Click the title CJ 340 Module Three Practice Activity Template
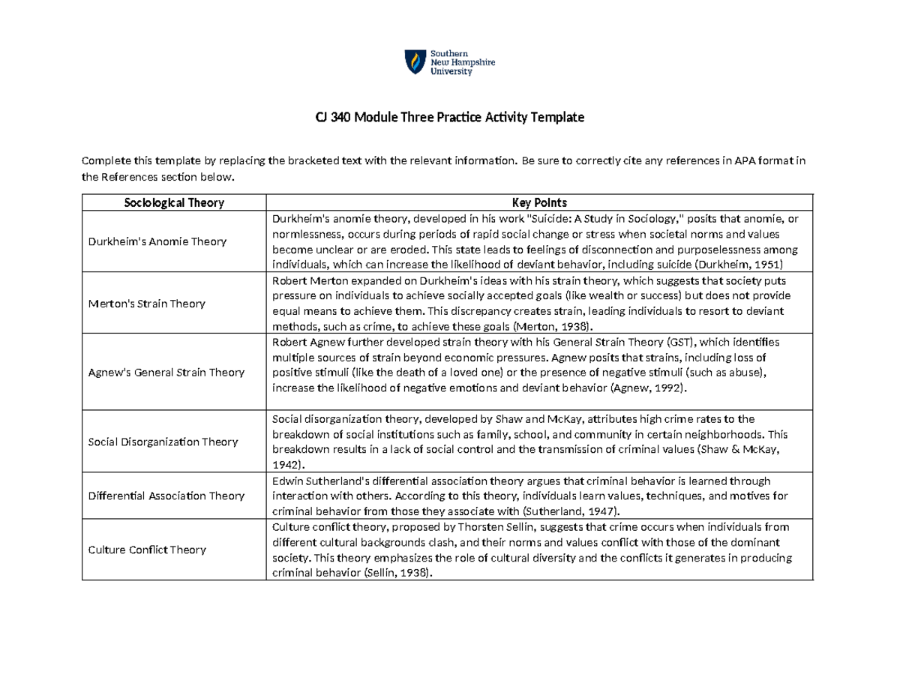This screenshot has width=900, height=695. pyautogui.click(x=448, y=118)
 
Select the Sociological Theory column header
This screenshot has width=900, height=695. pyautogui.click(x=174, y=202)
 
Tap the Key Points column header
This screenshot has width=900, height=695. pyautogui.click(x=539, y=202)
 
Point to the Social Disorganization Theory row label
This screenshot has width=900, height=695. pyautogui.click(x=163, y=442)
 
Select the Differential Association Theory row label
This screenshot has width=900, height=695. pyautogui.click(x=166, y=496)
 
